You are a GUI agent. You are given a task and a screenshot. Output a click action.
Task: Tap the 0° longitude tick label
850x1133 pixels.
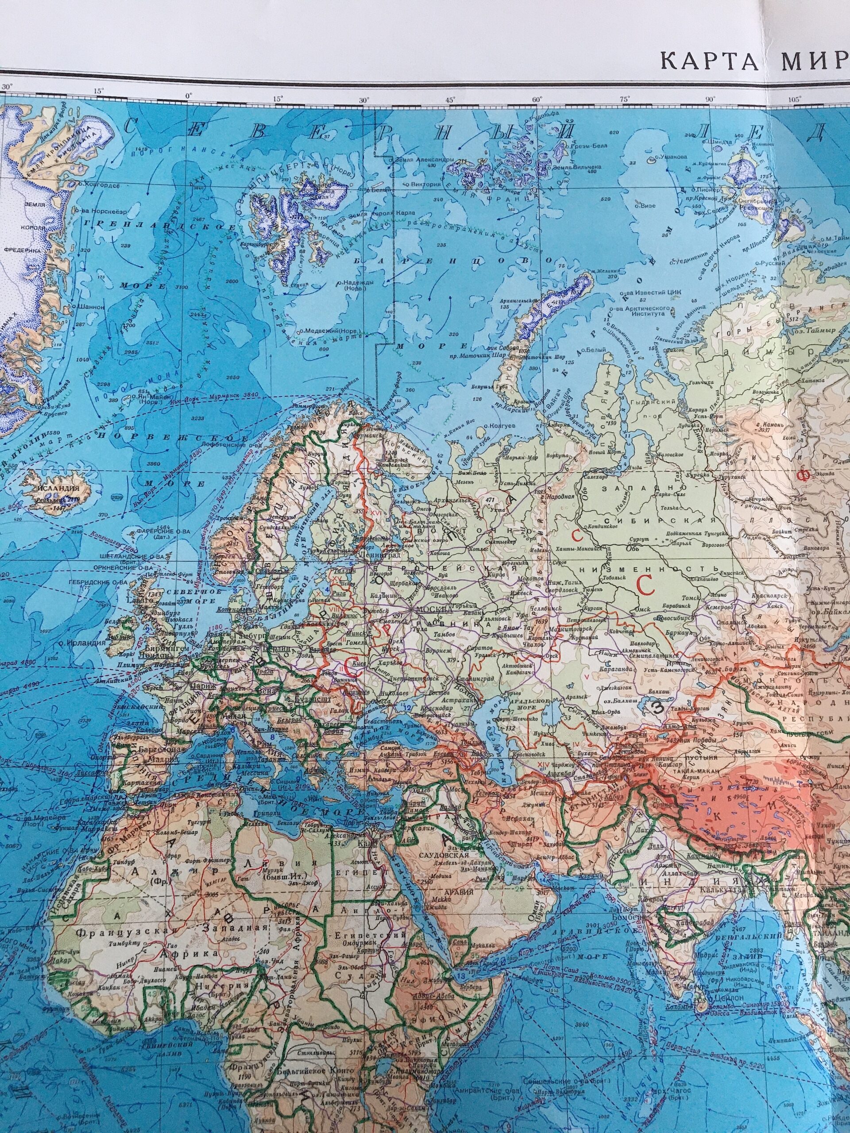tap(189, 94)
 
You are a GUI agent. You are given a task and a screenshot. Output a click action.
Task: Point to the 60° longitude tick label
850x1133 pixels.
tap(537, 98)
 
